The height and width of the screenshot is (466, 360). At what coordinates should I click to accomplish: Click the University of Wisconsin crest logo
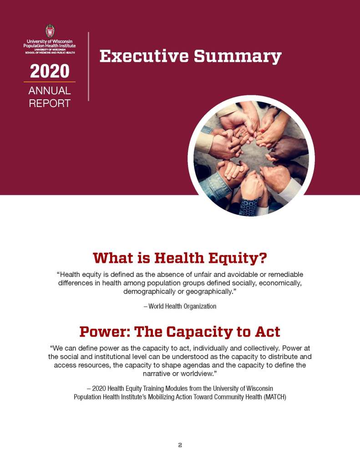(x=50, y=31)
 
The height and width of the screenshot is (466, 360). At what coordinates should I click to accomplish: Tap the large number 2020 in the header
(x=50, y=72)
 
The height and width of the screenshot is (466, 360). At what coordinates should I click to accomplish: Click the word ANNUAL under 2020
(x=50, y=91)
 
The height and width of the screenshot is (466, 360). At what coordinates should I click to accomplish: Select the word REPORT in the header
(x=50, y=103)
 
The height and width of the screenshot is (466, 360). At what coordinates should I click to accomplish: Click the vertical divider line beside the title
(x=88, y=66)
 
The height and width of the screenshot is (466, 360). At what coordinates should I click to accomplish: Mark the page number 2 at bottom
(x=180, y=445)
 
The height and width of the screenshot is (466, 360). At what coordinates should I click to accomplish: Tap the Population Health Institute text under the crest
(x=50, y=46)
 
